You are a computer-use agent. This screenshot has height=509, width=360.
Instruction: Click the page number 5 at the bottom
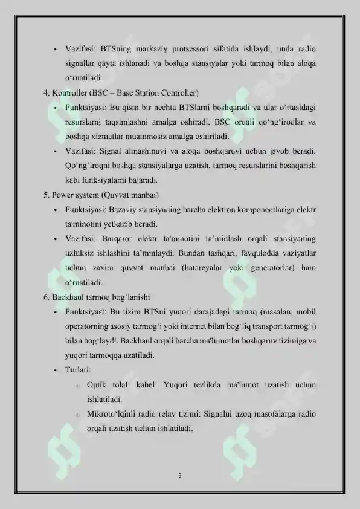180,475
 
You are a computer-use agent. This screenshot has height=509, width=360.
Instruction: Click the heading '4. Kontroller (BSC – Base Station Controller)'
121,93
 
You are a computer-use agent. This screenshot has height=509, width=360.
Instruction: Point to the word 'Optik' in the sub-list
97,384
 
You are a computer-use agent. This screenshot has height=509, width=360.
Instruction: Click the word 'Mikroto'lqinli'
112,414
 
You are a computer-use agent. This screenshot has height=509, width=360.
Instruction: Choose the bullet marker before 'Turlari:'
54,369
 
